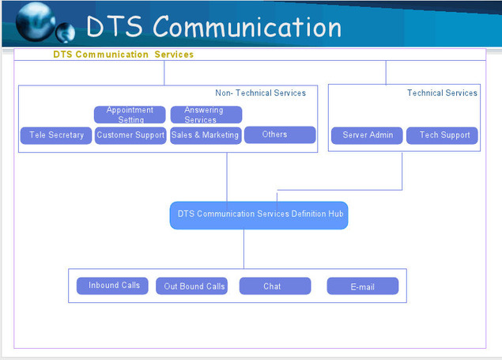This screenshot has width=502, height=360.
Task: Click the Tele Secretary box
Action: (56, 135)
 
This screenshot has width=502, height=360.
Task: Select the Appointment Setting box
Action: (130, 115)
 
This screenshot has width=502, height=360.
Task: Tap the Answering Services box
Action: (206, 115)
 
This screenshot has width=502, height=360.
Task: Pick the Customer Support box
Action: (130, 135)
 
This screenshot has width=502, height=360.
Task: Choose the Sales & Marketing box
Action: (206, 135)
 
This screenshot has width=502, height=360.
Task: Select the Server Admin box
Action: (368, 135)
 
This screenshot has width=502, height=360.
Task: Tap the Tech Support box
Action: (442, 135)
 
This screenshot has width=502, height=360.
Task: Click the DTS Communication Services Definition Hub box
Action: (259, 214)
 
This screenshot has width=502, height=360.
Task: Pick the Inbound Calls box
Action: (113, 286)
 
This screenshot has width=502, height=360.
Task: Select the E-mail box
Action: (362, 286)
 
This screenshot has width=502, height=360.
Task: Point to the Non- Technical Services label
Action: (260, 93)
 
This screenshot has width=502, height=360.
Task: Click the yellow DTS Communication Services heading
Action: (123, 55)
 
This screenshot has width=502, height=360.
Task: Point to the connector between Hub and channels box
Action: (243, 249)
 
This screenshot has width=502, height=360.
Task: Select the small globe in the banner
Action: (66, 33)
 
